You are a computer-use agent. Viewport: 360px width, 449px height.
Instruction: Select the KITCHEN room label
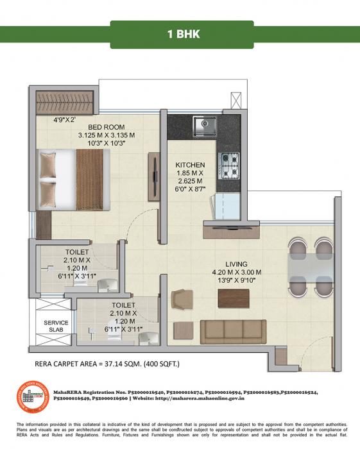click(190, 165)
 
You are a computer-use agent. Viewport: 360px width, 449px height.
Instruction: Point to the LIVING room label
click(237, 264)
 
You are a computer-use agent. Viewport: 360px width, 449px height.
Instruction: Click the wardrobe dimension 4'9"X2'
click(64, 119)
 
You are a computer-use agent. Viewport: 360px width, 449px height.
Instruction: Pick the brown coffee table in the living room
click(233, 298)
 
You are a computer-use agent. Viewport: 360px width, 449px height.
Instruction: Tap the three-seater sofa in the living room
click(233, 332)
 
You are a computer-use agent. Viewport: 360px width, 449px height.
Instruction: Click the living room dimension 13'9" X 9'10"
click(237, 280)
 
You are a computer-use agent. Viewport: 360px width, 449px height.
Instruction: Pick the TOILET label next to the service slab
click(121, 306)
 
